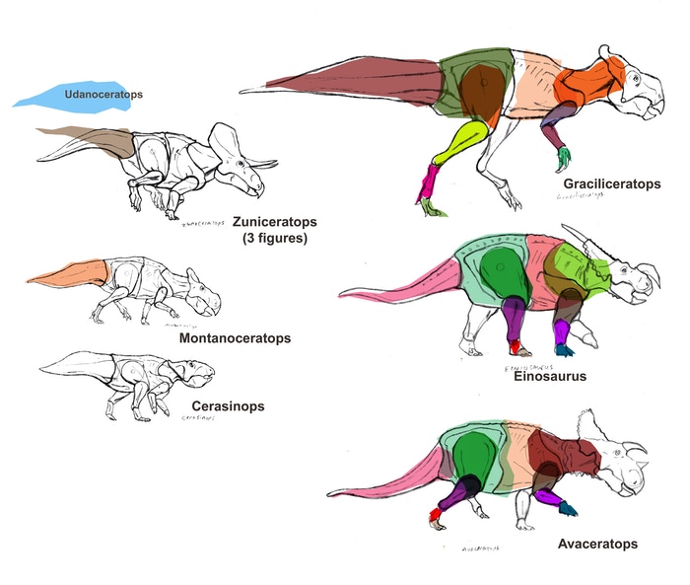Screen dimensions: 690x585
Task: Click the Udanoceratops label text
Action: (x=103, y=95)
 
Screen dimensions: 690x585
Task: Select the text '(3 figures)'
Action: (x=275, y=238)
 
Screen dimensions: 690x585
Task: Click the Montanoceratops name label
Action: (x=235, y=338)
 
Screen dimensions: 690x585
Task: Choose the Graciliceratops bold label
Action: (x=610, y=184)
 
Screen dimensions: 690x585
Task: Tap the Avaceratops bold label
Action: (x=597, y=544)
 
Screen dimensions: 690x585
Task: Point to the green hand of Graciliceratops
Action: (x=564, y=156)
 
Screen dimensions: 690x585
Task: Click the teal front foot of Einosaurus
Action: (x=565, y=347)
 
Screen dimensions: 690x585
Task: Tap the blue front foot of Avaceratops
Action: (x=570, y=506)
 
